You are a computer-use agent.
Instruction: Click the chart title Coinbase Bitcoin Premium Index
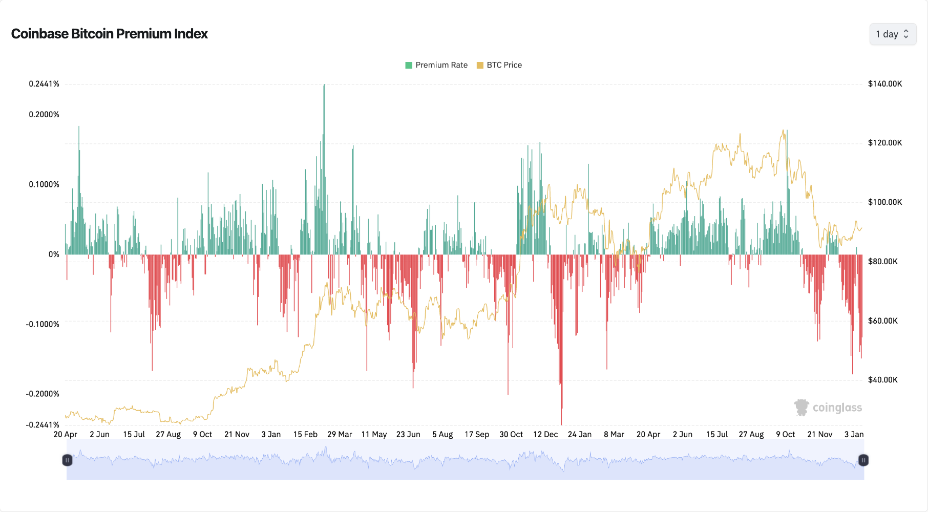tap(109, 34)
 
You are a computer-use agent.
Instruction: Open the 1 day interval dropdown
tap(892, 34)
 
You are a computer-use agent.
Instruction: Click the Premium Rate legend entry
tap(436, 65)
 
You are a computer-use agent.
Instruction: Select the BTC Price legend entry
tap(499, 65)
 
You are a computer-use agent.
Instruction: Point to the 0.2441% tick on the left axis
tap(44, 84)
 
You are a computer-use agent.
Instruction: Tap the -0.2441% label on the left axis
tap(43, 424)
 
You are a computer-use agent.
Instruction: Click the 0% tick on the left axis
tap(54, 254)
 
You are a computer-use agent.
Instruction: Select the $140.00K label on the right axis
tap(884, 84)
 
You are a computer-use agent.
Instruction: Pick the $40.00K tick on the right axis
tap(882, 380)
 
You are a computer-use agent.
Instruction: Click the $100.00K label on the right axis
tap(884, 202)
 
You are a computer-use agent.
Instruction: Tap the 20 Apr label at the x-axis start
tap(65, 434)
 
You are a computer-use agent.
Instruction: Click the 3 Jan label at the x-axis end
tap(853, 434)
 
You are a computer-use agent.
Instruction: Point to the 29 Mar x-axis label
tap(339, 434)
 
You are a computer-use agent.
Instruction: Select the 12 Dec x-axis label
tap(545, 434)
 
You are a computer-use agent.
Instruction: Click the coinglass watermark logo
tap(828, 408)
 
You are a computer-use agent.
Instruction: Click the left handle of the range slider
tap(67, 460)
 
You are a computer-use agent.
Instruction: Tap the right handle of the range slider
tap(863, 460)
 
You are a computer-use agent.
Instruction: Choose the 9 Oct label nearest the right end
tap(785, 434)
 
